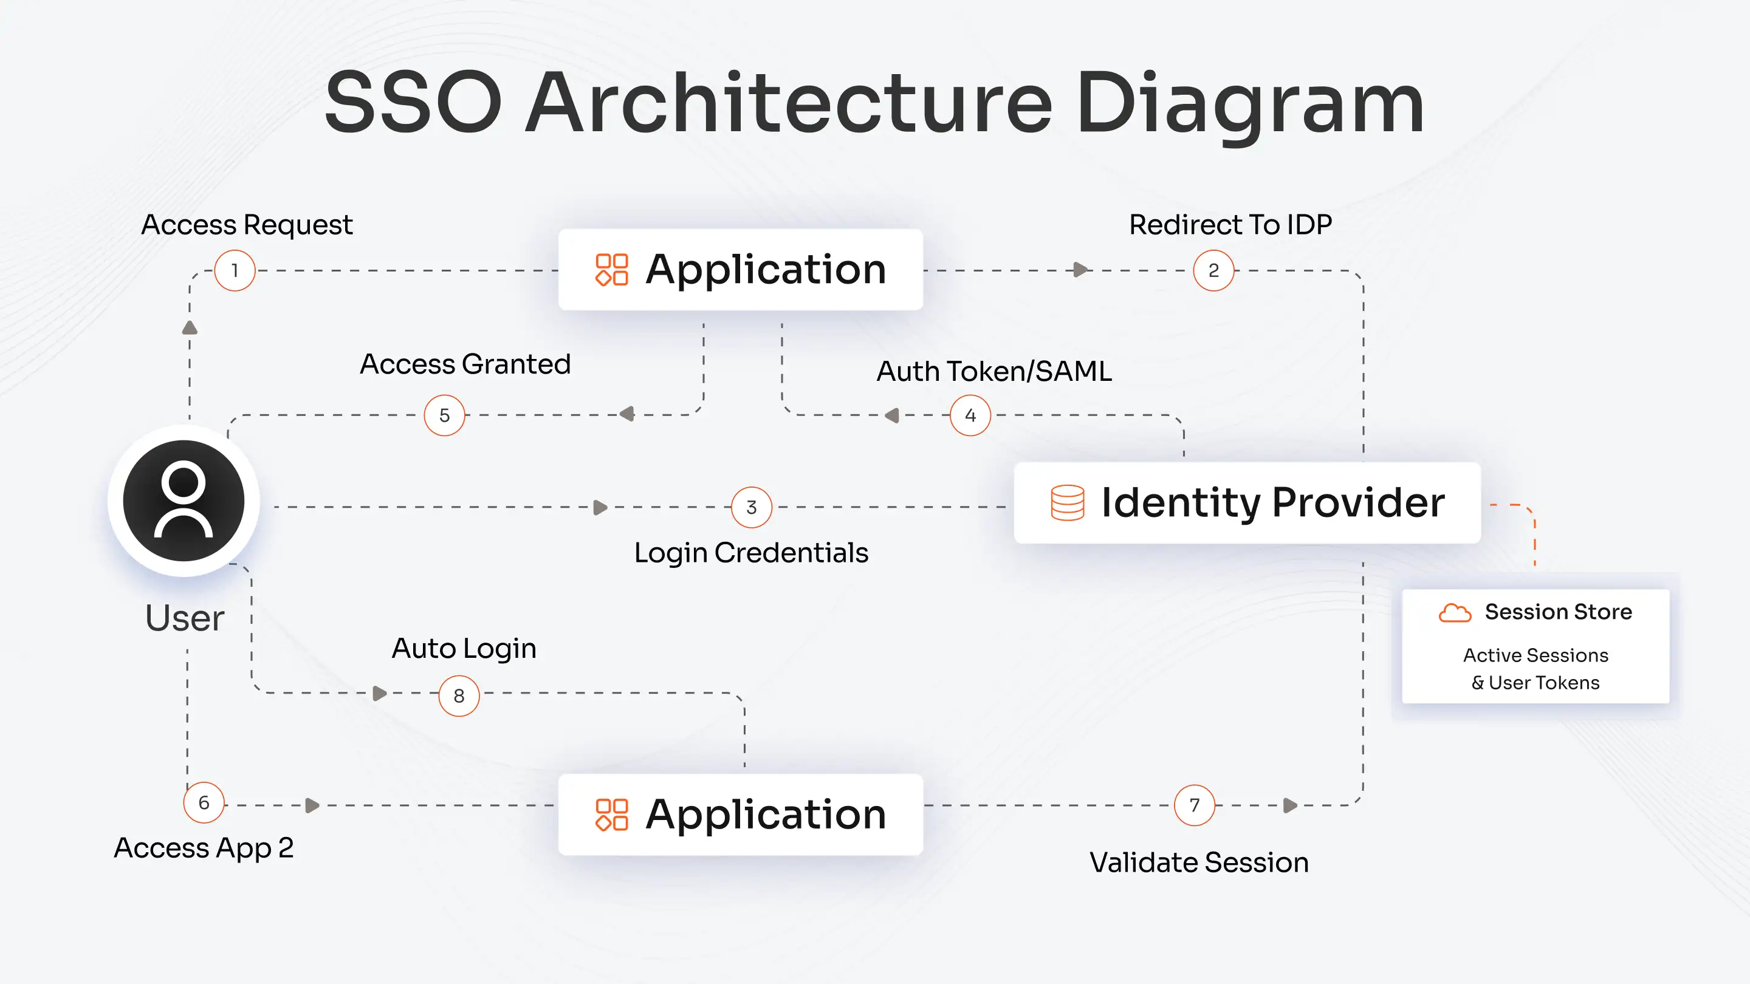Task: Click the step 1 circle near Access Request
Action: coord(235,270)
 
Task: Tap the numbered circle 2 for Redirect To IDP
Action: coord(1213,270)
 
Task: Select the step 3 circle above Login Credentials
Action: coord(752,507)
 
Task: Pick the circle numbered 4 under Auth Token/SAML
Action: coord(970,415)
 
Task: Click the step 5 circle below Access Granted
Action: coord(444,415)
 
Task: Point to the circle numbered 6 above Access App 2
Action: coord(204,802)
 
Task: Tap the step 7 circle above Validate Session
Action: coord(1194,805)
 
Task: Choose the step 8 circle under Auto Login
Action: coord(459,695)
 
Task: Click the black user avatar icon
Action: coord(184,501)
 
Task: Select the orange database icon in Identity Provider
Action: coord(1067,502)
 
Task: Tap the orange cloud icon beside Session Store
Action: coord(1455,612)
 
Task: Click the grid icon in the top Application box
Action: coord(611,270)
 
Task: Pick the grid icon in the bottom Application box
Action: coord(611,814)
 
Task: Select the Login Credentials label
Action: coord(750,553)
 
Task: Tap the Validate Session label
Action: coord(1199,863)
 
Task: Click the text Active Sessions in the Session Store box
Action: coord(1536,655)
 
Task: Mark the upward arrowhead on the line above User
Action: coord(190,328)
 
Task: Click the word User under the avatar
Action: coord(185,618)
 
